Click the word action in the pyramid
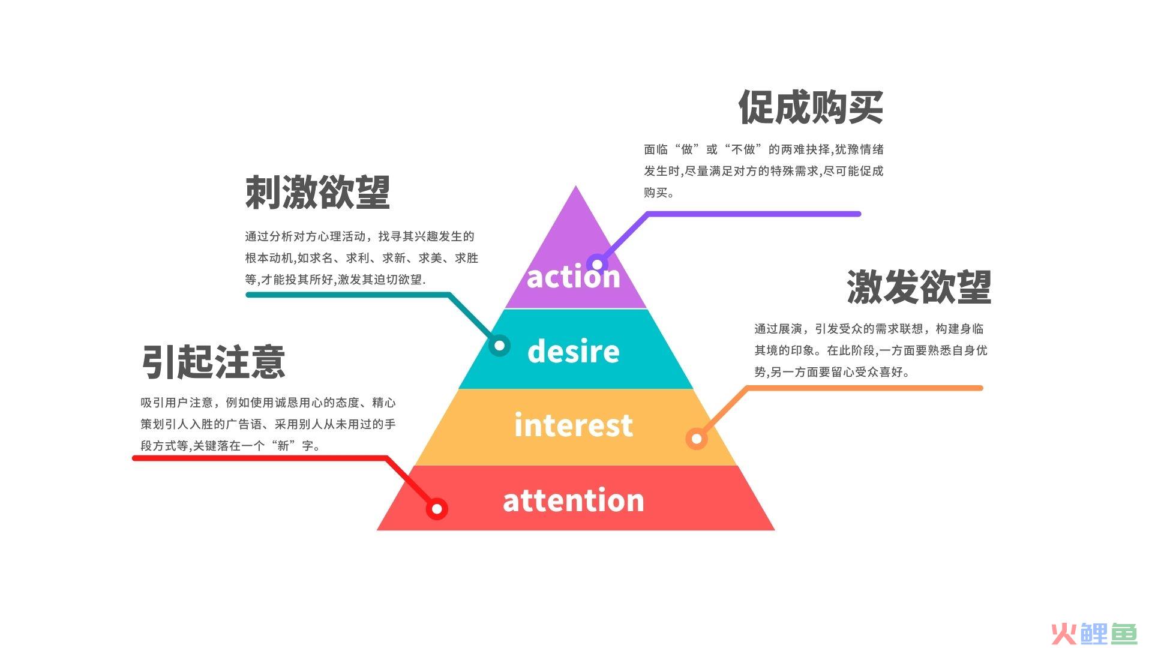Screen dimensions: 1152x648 click(573, 277)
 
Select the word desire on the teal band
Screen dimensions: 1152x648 click(573, 350)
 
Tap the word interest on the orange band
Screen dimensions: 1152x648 click(573, 425)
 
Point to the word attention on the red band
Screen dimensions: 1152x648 click(573, 500)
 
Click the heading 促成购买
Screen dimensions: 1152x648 click(811, 107)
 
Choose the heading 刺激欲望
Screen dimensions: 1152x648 click(317, 193)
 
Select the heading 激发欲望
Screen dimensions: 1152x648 click(919, 286)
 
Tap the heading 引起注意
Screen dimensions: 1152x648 click(213, 361)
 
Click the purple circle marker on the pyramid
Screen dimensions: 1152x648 click(597, 264)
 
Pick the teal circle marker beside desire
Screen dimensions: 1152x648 click(499, 346)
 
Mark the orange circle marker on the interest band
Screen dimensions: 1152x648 click(697, 439)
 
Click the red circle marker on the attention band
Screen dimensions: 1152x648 click(437, 509)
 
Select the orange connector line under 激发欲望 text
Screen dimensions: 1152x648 click(840, 388)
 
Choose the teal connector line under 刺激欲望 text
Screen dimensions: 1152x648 click(372, 295)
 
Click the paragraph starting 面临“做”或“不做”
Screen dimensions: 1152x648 click(764, 171)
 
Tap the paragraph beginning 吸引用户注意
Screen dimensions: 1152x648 click(268, 424)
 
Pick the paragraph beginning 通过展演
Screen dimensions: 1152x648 click(871, 350)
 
